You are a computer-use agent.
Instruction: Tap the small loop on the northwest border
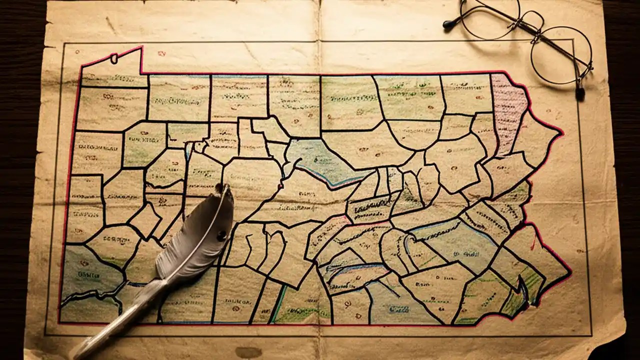[x=114, y=58]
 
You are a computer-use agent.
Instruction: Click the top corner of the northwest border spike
[x=141, y=47]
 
